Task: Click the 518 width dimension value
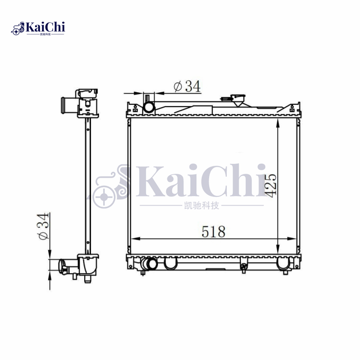coord(213,232)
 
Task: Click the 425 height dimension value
coord(270,185)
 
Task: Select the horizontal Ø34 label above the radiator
coord(186,86)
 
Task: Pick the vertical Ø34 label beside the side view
coord(44,227)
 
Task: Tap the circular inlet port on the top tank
coord(149,107)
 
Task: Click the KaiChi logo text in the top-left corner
coord(45,27)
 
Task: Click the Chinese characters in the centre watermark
coord(202,206)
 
